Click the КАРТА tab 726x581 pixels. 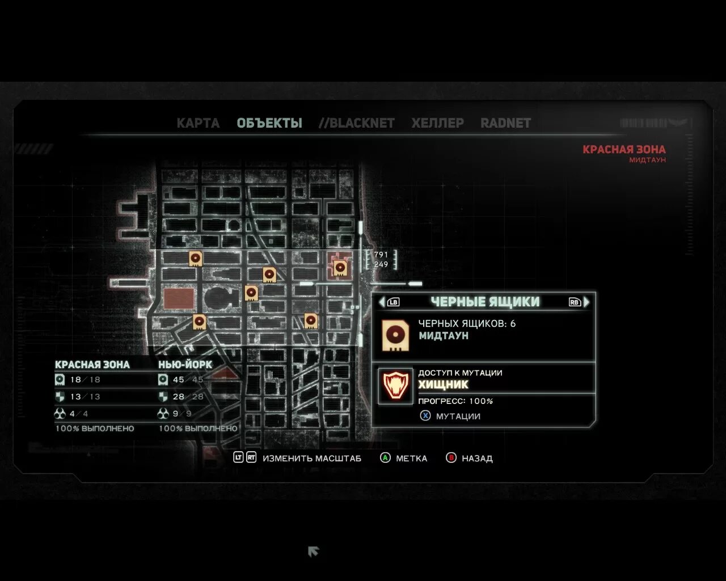pos(198,123)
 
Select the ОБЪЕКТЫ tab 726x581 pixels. pos(269,123)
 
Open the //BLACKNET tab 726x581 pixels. pos(357,123)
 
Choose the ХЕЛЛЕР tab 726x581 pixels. pos(437,123)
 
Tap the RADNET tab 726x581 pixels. pos(505,123)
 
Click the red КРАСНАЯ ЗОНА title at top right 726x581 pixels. pos(624,150)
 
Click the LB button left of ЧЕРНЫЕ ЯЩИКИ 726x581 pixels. pos(393,302)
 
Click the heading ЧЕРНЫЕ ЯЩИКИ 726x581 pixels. pos(485,302)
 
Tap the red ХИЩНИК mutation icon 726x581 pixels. pos(395,386)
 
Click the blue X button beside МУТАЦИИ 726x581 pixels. pos(425,416)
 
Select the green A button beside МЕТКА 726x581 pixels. pos(385,458)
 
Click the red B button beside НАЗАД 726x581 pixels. pos(451,458)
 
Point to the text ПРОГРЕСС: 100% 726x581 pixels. pos(455,401)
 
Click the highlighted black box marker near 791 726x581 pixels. pos(340,267)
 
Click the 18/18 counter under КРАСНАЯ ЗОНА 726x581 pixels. pos(85,380)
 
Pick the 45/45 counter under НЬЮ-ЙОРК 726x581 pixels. pos(188,380)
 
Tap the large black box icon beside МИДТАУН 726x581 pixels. pos(395,335)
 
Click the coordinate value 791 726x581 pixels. pos(381,255)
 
